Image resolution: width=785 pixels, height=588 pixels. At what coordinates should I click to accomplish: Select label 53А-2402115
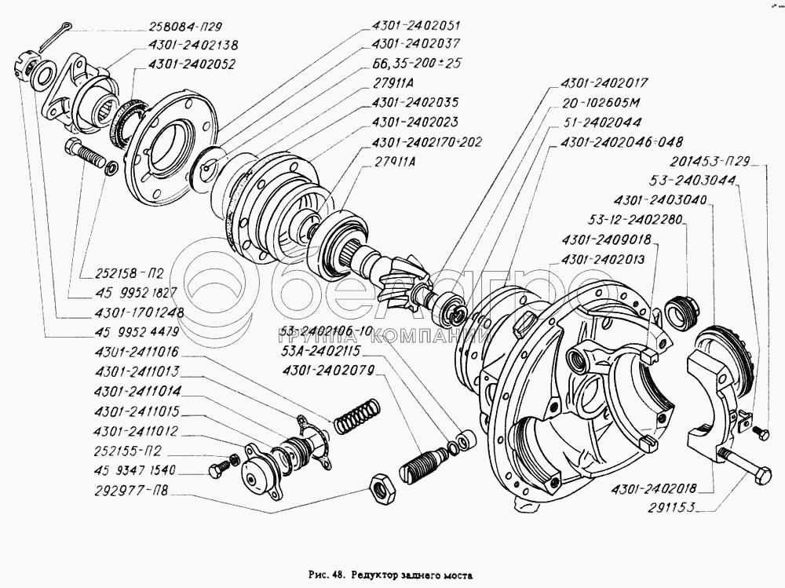coord(339,351)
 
